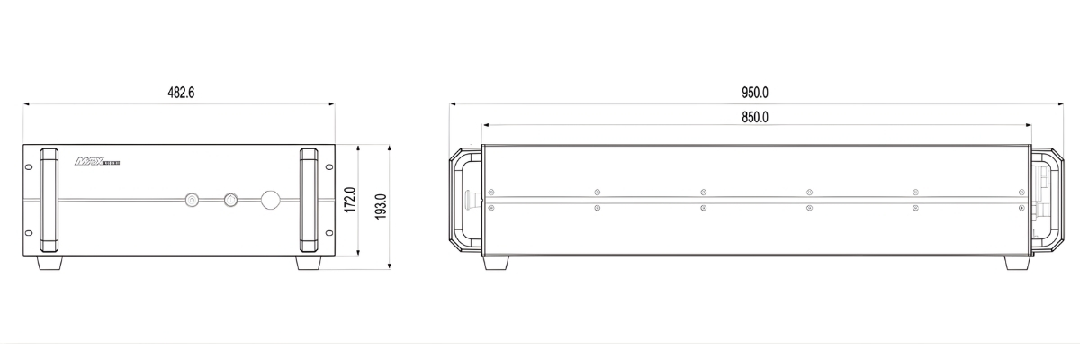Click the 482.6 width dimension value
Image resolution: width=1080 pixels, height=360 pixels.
[x=181, y=94]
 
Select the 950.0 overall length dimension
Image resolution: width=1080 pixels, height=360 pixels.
[x=754, y=94]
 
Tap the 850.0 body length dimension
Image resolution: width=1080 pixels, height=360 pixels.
[x=754, y=117]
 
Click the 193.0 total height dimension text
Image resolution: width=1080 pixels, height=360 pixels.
[x=380, y=206]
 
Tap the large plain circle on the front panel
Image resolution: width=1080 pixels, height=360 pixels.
[x=270, y=200]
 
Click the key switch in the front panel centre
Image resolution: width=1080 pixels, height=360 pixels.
[x=230, y=200]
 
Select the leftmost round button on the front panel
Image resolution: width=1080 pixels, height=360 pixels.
[x=192, y=200]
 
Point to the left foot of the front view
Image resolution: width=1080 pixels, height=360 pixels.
[x=50, y=264]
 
